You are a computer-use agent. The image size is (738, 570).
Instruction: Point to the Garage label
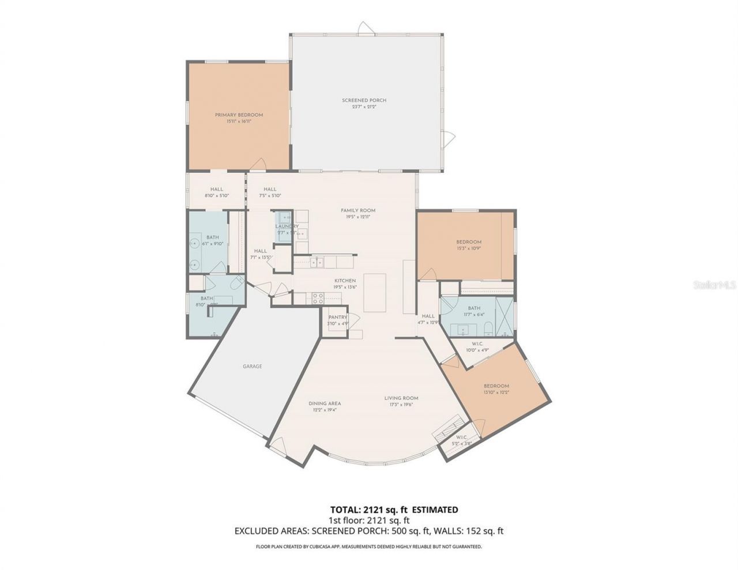(253, 366)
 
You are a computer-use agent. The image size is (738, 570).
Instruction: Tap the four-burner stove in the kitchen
(317, 298)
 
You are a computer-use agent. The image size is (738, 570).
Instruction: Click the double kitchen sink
(317, 262)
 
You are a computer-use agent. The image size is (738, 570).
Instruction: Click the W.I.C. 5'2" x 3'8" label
(462, 440)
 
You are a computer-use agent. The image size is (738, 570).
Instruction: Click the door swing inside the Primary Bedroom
(258, 164)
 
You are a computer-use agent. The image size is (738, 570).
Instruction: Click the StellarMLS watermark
(716, 285)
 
